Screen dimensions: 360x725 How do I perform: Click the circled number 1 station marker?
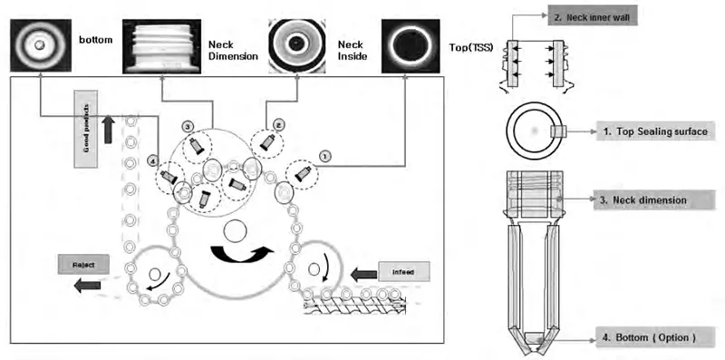327,155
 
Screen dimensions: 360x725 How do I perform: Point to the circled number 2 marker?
279,124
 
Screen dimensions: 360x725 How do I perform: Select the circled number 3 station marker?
188,125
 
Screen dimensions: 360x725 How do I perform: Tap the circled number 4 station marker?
155,161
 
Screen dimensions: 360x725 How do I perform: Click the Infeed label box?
405,271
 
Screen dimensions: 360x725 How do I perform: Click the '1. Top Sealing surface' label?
652,132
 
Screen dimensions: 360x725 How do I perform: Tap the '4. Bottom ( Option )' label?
649,337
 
